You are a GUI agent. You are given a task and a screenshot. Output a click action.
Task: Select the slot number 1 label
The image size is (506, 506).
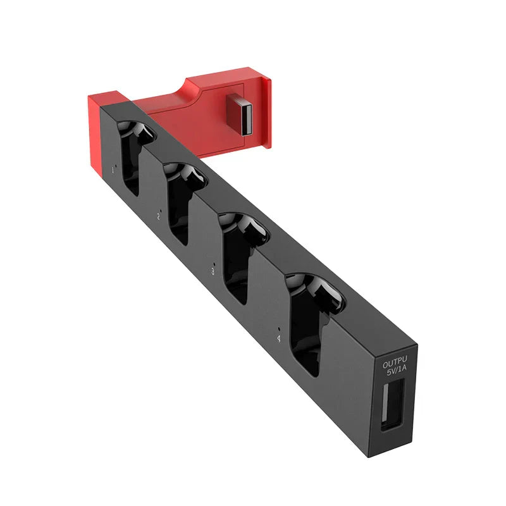(x=113, y=170)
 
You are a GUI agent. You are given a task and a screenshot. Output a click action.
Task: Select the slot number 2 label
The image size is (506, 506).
(x=158, y=216)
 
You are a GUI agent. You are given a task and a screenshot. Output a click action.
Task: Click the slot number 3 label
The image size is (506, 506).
(x=213, y=271)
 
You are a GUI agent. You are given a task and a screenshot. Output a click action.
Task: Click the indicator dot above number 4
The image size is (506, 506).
(x=279, y=328)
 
